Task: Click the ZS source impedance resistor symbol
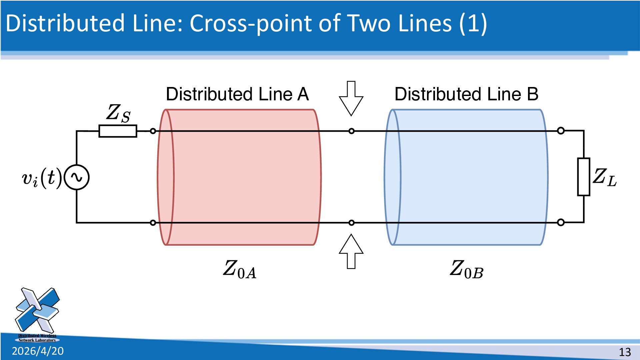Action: (x=118, y=131)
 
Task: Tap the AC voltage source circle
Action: (x=77, y=177)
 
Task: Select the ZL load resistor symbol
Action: (x=584, y=177)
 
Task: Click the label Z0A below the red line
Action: (x=240, y=269)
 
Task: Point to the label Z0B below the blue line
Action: (x=466, y=269)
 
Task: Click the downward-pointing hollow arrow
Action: (x=351, y=98)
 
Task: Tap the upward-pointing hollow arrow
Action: (x=351, y=251)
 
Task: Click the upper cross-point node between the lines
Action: (x=351, y=131)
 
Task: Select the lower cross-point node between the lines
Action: (x=351, y=223)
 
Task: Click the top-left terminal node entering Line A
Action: (x=153, y=131)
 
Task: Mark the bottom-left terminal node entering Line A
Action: (x=153, y=223)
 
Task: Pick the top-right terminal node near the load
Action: (x=561, y=131)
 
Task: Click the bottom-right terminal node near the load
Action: (x=561, y=222)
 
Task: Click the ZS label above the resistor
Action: (x=118, y=113)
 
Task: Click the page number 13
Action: (x=625, y=352)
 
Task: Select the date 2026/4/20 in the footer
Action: (x=38, y=351)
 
